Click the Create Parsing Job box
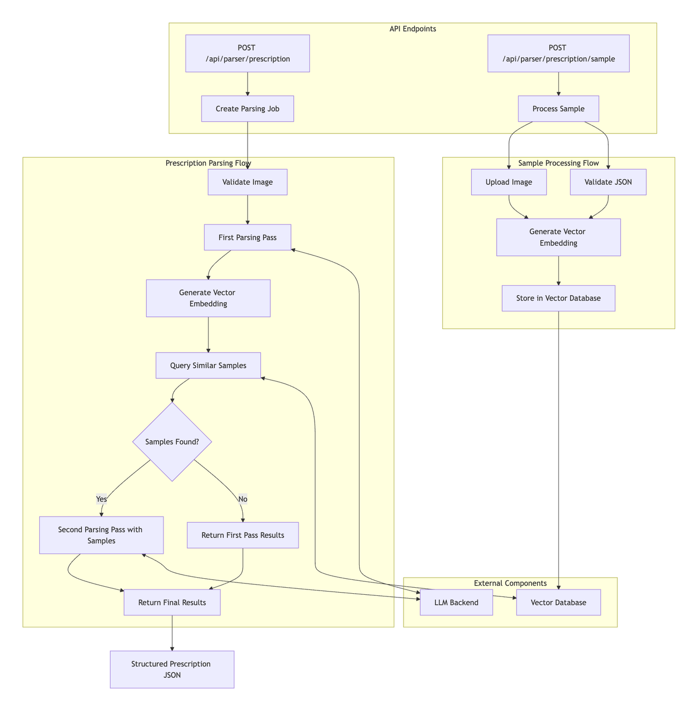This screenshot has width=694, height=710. (247, 109)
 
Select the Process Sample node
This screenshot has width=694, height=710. (558, 109)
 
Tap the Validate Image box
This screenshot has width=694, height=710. (247, 182)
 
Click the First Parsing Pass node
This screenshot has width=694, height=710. (247, 237)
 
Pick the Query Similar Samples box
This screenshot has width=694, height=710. (208, 365)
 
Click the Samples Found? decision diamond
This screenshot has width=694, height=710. (172, 442)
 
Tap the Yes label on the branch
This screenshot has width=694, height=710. (101, 499)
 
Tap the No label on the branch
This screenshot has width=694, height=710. (243, 499)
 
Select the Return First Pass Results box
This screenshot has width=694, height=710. (243, 535)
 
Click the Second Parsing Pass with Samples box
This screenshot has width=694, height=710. (101, 535)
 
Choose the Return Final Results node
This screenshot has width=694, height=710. (172, 602)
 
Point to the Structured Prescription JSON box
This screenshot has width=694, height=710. (172, 669)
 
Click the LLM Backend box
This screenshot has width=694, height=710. (456, 602)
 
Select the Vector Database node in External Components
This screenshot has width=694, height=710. (558, 602)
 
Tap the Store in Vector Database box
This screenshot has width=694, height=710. (558, 298)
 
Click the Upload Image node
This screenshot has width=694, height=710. (509, 182)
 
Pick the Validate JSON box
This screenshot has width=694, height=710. (608, 182)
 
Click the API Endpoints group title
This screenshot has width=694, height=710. (413, 29)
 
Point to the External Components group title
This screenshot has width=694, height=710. (510, 583)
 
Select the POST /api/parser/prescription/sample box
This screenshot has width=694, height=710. (558, 53)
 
